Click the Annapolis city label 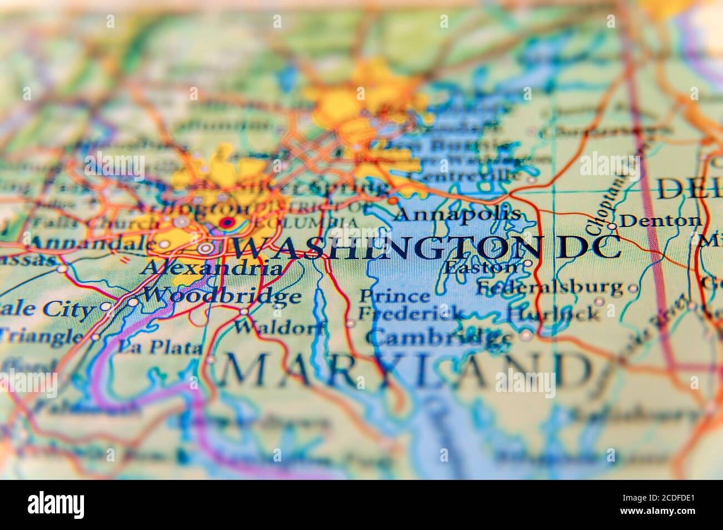click(x=459, y=213)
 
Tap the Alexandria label click(x=211, y=269)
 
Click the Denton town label click(x=660, y=221)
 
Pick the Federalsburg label click(x=550, y=287)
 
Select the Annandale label click(x=92, y=243)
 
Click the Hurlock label click(x=553, y=313)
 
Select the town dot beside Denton click(x=611, y=226)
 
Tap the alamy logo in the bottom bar click(x=57, y=504)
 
